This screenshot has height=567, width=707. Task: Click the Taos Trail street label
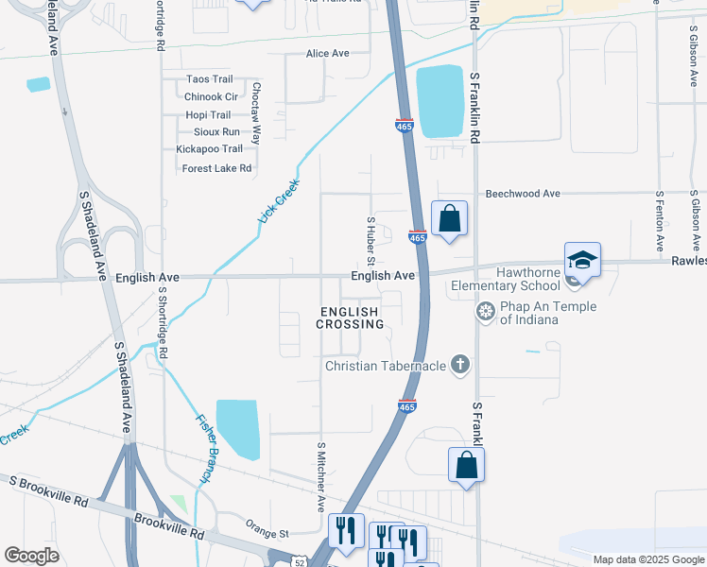click(209, 79)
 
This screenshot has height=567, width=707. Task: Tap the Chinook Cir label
click(211, 96)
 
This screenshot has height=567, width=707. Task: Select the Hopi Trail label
click(208, 114)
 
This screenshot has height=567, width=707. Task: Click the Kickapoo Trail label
click(209, 148)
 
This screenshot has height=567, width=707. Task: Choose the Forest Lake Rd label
click(216, 168)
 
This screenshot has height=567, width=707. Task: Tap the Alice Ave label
click(327, 54)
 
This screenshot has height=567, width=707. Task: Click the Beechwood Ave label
click(523, 194)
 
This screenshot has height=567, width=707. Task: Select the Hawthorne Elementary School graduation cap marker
click(582, 262)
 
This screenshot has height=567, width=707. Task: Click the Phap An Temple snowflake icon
click(486, 311)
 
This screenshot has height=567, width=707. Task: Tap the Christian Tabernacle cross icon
click(459, 365)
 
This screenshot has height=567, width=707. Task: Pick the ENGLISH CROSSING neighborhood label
click(350, 318)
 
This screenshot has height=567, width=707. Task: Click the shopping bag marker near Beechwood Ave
click(450, 218)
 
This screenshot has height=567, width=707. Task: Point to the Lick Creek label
click(279, 201)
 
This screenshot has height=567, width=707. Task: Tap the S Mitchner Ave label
click(321, 476)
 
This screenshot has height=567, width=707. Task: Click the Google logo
click(32, 556)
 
